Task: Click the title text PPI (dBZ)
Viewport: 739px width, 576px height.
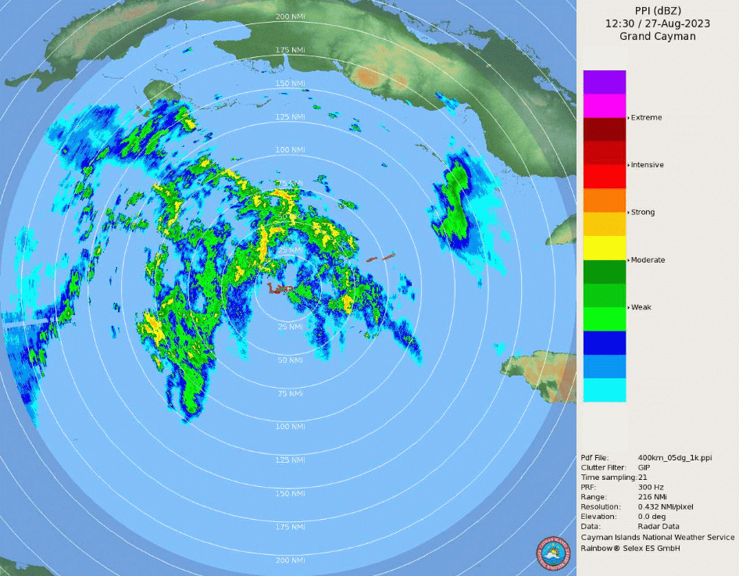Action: point(657,10)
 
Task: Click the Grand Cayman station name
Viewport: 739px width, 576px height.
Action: point(657,36)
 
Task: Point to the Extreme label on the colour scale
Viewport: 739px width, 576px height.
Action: point(647,117)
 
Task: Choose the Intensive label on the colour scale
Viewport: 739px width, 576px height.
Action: point(648,165)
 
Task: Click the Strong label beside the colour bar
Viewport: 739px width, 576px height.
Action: point(643,213)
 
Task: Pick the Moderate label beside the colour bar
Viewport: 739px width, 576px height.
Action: point(648,259)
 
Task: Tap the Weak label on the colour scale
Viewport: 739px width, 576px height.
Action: point(641,307)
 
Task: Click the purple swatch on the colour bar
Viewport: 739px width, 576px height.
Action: point(604,82)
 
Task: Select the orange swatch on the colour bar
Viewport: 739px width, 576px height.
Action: point(604,200)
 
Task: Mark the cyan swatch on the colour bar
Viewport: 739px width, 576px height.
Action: point(604,389)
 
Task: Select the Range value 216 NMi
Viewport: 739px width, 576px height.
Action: point(654,497)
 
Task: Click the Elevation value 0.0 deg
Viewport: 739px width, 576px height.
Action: point(654,517)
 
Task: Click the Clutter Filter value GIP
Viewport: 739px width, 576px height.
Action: point(644,467)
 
